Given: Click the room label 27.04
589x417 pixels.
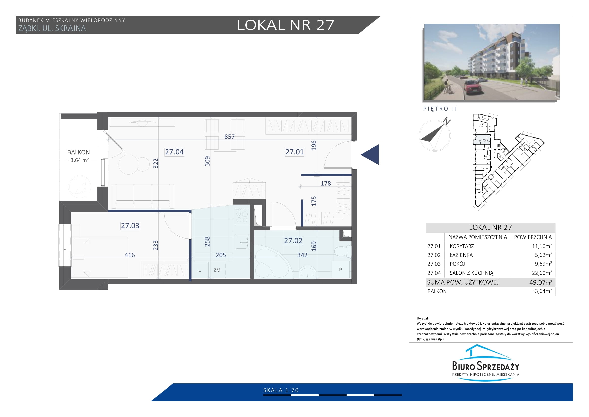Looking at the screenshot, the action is click(x=174, y=152).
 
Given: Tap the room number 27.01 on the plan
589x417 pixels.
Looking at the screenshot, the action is click(x=295, y=152).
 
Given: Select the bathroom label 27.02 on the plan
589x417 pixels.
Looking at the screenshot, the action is click(x=293, y=241).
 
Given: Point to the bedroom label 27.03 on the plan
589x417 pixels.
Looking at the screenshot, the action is click(x=130, y=226).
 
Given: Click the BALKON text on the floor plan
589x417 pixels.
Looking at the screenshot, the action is click(x=79, y=152).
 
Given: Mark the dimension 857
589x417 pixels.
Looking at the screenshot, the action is click(x=230, y=137).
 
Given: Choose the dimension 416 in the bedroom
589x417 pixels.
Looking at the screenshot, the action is click(x=130, y=255).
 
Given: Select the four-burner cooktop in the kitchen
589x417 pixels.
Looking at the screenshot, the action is click(x=242, y=216).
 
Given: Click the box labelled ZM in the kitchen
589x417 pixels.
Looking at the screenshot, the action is click(x=217, y=270).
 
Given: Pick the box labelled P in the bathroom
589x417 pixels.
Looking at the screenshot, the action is click(x=341, y=270).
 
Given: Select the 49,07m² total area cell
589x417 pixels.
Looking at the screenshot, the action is click(x=540, y=282).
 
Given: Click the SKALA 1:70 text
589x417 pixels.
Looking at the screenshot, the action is click(x=281, y=390).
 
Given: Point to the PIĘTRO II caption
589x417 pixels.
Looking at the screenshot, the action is click(x=440, y=109).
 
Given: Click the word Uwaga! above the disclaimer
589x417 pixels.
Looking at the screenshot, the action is click(x=422, y=318).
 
